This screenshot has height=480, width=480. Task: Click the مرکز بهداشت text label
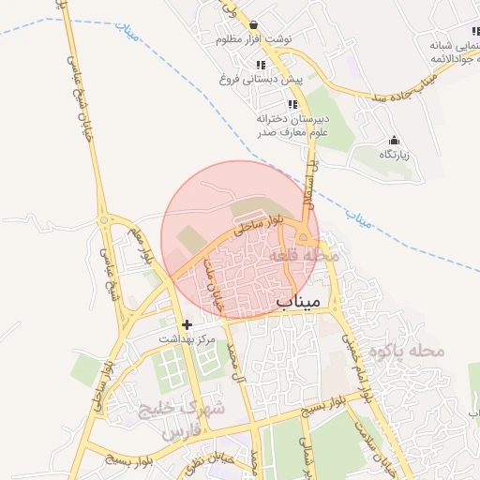(x=187, y=337)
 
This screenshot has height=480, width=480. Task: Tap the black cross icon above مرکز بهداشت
(x=187, y=323)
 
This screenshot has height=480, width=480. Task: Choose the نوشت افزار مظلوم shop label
(x=253, y=39)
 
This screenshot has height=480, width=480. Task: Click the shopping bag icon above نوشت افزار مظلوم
(x=253, y=25)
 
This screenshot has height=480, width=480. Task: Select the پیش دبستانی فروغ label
(x=261, y=80)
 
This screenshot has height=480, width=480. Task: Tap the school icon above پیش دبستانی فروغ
(x=261, y=65)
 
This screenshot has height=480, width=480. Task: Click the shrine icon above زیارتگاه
(x=393, y=140)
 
